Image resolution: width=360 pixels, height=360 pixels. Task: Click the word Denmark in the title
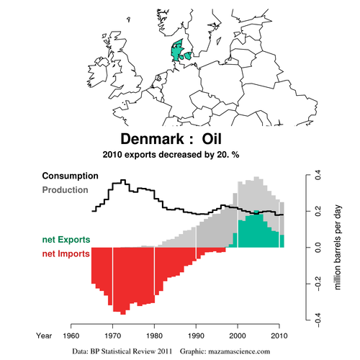[152, 139]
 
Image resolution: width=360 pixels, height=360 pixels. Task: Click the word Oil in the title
[212, 139]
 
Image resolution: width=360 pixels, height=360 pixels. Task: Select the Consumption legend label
[71, 176]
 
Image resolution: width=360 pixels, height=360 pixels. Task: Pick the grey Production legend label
[66, 190]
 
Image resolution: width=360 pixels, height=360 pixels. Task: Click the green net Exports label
[66, 240]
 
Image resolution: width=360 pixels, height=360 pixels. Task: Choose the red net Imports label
[66, 253]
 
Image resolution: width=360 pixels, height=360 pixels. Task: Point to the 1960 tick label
[71, 336]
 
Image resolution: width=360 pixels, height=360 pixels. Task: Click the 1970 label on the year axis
[113, 336]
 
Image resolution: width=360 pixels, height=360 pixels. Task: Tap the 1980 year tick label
[154, 336]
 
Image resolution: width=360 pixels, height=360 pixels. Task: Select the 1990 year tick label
[196, 336]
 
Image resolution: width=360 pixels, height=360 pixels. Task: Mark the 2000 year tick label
[238, 336]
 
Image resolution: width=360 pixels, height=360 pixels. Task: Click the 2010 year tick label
[279, 336]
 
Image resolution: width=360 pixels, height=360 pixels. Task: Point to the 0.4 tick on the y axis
[318, 175]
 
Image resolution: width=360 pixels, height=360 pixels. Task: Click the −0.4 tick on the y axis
[318, 320]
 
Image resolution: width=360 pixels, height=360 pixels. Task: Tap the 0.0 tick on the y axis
[318, 248]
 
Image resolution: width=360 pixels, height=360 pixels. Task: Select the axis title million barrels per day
[338, 248]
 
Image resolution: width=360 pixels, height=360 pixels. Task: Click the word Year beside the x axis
[44, 336]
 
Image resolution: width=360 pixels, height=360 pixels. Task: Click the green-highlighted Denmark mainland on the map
[177, 50]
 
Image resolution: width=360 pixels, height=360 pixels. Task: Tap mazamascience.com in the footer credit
[239, 351]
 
